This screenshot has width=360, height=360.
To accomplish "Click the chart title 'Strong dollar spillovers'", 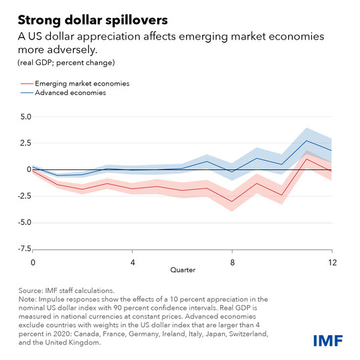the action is click(x=93, y=20).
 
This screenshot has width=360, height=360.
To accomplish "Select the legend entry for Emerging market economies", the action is click(x=75, y=84).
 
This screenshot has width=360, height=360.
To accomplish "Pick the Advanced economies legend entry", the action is click(x=64, y=93).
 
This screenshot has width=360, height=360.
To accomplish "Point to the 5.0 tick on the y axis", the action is click(x=25, y=117).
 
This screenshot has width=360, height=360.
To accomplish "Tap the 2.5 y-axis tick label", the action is click(x=25, y=143).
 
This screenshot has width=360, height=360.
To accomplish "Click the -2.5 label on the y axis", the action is click(x=25, y=196).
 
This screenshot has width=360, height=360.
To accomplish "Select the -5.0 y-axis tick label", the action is click(x=25, y=223).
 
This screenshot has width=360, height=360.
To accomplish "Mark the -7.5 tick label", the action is click(x=25, y=249).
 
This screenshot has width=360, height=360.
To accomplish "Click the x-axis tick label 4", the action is click(x=132, y=262).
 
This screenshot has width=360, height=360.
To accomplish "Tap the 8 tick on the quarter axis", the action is click(x=232, y=262).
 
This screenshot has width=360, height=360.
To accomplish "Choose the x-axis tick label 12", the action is click(x=333, y=262).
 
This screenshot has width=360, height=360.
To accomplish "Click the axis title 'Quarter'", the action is click(x=183, y=270).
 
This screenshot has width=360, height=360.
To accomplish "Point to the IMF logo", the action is click(x=328, y=341).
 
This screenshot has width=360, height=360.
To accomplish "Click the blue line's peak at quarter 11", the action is click(x=306, y=141).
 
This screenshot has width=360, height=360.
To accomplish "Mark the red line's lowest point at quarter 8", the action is click(x=232, y=202).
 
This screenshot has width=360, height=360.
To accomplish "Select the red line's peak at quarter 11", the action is click(x=306, y=159).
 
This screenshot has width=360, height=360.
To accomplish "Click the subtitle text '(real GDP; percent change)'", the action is click(x=66, y=63).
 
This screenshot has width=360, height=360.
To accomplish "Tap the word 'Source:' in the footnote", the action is click(x=31, y=290).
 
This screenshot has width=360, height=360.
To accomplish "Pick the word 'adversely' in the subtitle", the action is click(x=72, y=50).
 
